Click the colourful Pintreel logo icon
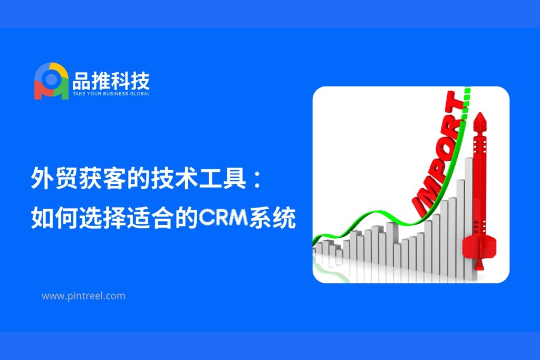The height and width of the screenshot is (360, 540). pos(51,81)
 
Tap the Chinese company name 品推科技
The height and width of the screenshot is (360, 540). pos(111,81)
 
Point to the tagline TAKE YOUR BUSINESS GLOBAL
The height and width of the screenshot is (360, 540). pos(111,94)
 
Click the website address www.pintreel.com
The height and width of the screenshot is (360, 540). pos(83,296)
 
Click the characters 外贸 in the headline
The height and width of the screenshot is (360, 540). pos(54,178)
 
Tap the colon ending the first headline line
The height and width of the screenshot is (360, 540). pos(257,180)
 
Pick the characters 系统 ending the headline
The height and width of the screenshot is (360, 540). pos(273,218)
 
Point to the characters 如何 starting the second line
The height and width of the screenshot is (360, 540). pos(54,218)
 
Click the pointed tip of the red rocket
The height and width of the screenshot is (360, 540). pos(480,113)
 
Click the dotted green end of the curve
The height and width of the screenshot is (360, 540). pos(466,103)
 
